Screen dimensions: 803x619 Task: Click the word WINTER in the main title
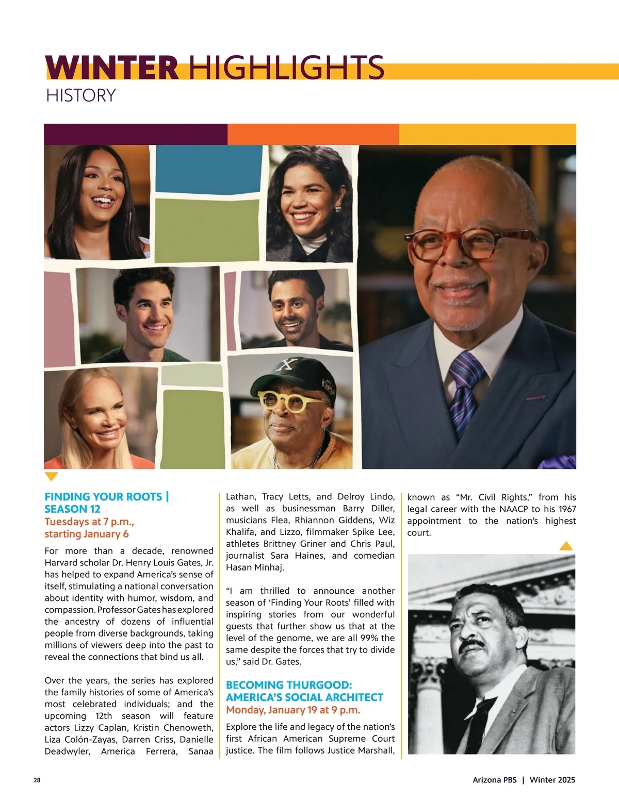(112, 68)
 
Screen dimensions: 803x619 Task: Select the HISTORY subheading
(81, 95)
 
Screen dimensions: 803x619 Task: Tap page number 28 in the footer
(37, 780)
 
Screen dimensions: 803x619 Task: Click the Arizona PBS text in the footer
(494, 780)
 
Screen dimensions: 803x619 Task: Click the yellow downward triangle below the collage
(52, 476)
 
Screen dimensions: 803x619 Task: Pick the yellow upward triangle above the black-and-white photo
(566, 546)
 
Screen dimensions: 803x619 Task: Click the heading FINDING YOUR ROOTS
(103, 497)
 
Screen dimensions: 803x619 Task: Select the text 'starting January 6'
(87, 534)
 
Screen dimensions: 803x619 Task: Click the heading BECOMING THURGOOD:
(289, 685)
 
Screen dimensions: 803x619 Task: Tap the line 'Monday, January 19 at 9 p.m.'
(293, 710)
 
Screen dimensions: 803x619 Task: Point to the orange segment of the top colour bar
(313, 134)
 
